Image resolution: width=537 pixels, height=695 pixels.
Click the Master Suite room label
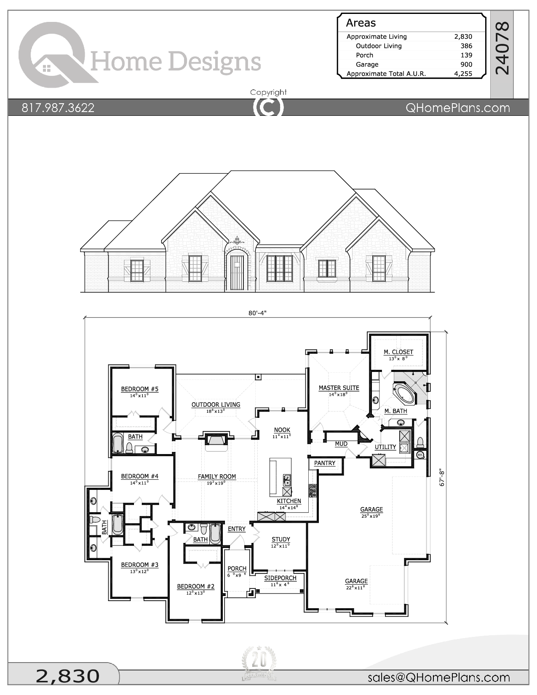pos(339,388)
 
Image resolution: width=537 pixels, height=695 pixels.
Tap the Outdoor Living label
pos(216,405)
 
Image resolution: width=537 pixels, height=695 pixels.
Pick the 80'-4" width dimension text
pos(257,313)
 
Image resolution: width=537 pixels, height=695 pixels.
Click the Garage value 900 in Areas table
pos(466,64)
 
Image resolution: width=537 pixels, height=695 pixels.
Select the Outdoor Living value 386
pos(466,46)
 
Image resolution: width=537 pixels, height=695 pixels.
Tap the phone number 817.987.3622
pos(58,108)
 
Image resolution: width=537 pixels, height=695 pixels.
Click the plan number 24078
pos(502,48)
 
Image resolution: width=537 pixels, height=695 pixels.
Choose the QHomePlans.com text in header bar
pos(457,108)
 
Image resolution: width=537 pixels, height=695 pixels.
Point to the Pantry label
pos(325,463)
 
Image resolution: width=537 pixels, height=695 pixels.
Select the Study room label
pos(281,540)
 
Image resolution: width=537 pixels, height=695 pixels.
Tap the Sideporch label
pos(280,578)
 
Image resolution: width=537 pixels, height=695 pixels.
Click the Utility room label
pos(385,447)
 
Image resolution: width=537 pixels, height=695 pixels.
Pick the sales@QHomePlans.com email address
pos(438,677)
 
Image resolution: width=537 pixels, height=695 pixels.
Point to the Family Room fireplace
pos(216,441)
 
